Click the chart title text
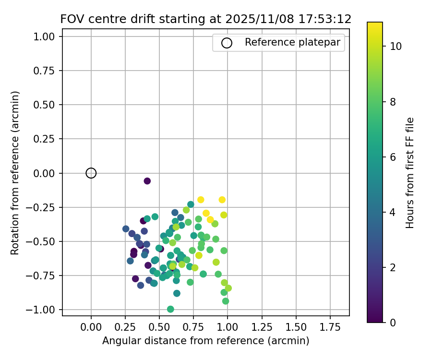pos(205,19)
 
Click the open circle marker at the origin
pos(91,173)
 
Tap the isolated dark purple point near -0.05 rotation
pos(147,181)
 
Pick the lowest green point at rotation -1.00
pos(170,309)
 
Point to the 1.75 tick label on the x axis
pos(330,328)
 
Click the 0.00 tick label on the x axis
pos(91,328)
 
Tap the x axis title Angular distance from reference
pos(205,341)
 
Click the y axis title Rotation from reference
pos(15,173)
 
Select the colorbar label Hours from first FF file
pos(409,173)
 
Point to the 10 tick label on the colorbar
pos(396,47)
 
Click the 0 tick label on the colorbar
pos(393,323)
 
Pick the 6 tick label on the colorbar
pos(393,157)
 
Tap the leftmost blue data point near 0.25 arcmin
pos(126,229)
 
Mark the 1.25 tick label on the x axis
pos(262,328)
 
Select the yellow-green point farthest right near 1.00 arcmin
pos(228,288)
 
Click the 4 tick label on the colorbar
pos(393,212)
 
